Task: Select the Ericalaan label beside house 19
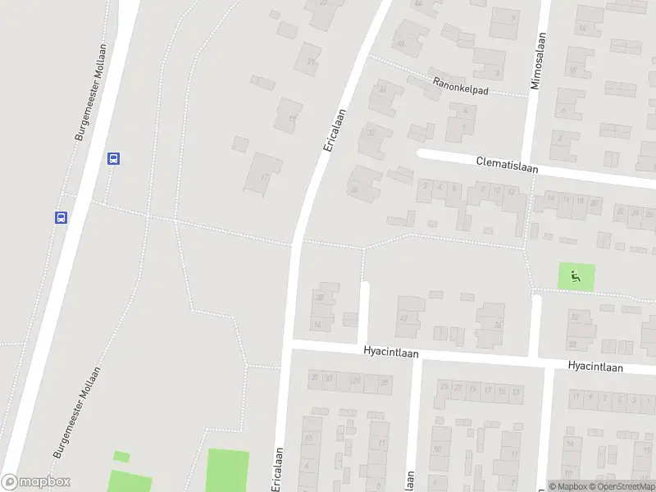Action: coord(334,129)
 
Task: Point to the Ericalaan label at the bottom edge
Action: coord(277,470)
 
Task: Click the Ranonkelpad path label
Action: coord(462,85)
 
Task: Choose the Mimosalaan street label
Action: coord(538,61)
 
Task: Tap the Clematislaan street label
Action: coord(507,164)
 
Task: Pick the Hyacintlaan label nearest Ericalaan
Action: coord(391,353)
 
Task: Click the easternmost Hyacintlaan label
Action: coord(594,367)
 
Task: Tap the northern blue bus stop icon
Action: coord(114,158)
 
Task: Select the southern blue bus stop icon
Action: coord(61,217)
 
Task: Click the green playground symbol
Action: coord(575,276)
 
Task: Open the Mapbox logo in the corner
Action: coord(36,482)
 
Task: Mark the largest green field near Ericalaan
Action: coord(227,470)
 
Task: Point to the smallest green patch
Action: coord(121,456)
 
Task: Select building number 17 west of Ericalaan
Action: coord(263,173)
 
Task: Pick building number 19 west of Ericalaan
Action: coord(290,116)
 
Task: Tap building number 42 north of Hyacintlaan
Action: coord(408,316)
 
